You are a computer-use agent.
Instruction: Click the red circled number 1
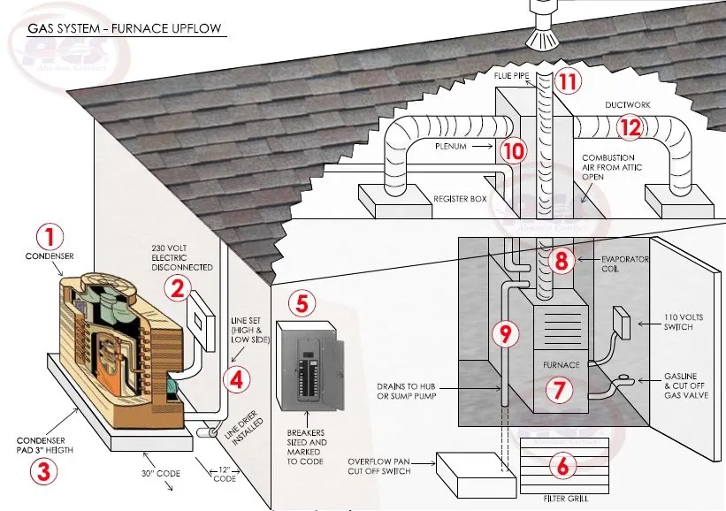(x=50, y=236)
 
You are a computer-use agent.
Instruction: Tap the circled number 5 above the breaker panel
(x=302, y=303)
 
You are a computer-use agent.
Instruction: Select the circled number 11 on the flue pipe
(x=568, y=82)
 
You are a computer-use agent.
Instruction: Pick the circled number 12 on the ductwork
(x=629, y=127)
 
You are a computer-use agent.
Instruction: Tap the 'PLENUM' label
(x=455, y=143)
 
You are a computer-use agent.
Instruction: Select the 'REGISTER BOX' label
(x=460, y=200)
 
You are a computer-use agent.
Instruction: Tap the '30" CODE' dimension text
(x=162, y=474)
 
